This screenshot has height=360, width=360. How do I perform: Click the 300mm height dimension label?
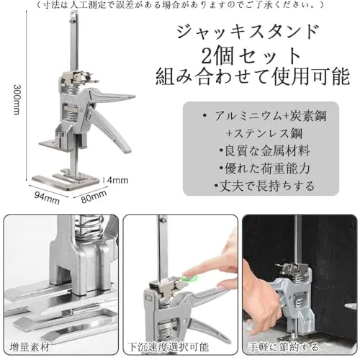pos(16,99)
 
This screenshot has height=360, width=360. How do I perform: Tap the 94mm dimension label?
pos(47,198)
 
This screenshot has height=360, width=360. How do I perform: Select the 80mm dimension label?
pos(94,197)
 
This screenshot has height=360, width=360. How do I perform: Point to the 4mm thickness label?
pos(117,180)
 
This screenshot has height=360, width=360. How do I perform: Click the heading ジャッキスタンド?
pos(248,32)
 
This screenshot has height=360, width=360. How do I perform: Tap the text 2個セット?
pos(251,55)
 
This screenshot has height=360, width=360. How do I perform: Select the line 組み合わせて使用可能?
pos(253,76)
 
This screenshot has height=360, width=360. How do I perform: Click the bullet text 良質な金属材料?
pos(264,151)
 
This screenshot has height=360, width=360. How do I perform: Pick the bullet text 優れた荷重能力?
pos(264,168)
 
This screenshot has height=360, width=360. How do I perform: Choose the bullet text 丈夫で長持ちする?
pos(264,186)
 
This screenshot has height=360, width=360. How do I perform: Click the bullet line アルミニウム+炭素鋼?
pos(264,116)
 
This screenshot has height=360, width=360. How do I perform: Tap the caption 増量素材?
pos(30,347)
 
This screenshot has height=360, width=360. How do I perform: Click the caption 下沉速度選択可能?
pos(168,347)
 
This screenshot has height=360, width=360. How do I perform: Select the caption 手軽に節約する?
pos(283,347)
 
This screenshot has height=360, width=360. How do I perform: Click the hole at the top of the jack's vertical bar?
pos(74,17)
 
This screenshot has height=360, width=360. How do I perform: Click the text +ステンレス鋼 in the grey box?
pos(264,134)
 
